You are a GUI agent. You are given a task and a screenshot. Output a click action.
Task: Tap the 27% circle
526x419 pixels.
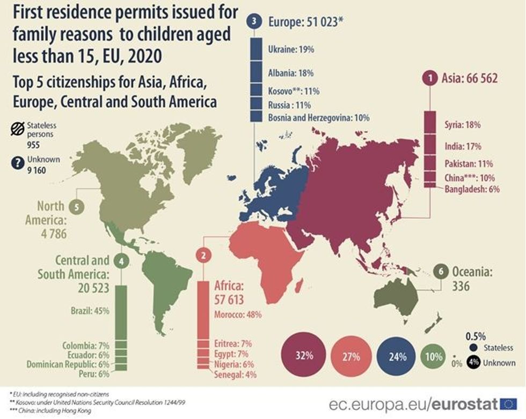point(351,357)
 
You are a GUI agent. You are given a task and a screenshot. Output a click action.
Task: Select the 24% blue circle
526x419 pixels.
point(399,356)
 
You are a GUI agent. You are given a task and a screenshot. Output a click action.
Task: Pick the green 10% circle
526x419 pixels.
point(434,356)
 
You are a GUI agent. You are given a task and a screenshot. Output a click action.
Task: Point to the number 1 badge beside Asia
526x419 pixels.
point(430,79)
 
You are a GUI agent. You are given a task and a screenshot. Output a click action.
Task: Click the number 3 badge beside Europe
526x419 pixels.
point(254,21)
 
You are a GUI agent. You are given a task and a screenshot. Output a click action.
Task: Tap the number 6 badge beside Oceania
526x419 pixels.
point(441,272)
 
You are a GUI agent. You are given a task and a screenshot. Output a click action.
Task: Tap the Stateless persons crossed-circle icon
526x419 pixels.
point(16,130)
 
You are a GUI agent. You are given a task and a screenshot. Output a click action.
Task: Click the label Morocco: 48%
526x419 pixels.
point(238,315)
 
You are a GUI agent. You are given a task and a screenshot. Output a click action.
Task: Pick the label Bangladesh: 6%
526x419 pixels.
point(472,189)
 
